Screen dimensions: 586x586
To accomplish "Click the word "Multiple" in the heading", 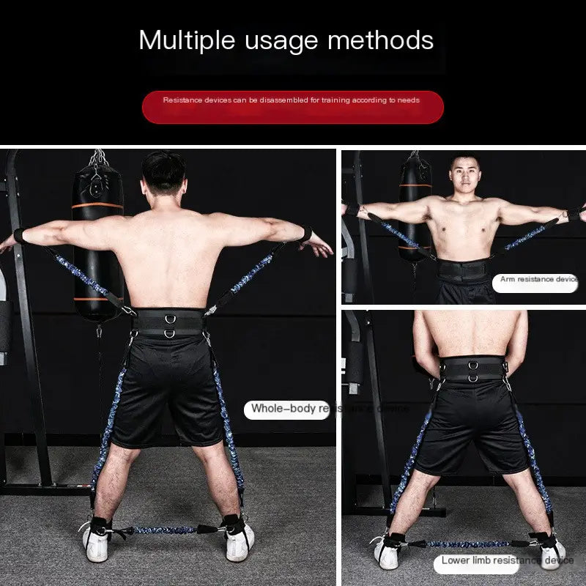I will (x=182, y=40).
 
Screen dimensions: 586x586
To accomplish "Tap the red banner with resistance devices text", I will (x=292, y=107).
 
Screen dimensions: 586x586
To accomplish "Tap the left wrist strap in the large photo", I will (x=20, y=235).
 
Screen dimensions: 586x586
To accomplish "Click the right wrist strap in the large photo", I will (x=303, y=234).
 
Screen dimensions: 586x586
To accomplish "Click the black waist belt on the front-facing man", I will (x=463, y=272).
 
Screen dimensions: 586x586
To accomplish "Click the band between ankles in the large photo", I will (x=166, y=529).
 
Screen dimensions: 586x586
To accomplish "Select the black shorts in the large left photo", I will (x=168, y=396).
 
